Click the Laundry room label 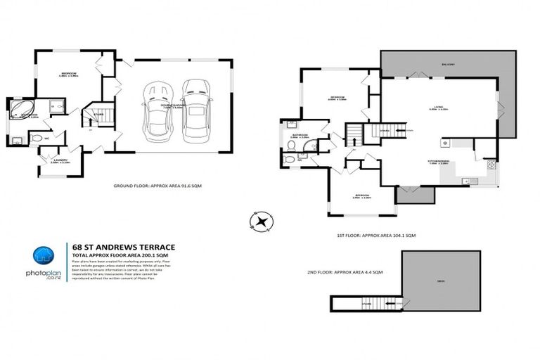[x=59, y=160]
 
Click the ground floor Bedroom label [x=69, y=73]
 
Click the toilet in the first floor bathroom [x=290, y=145]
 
